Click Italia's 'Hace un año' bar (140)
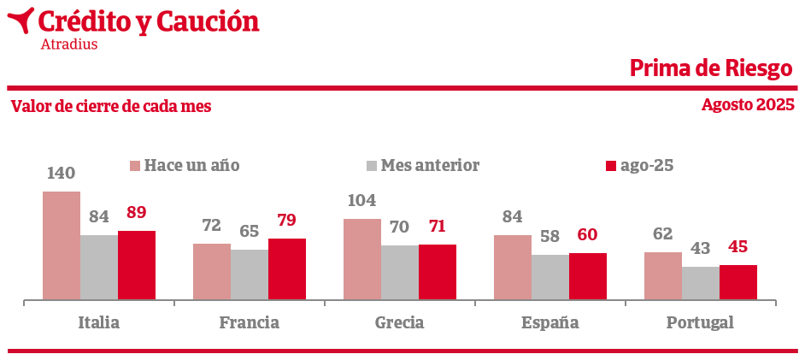[x=62, y=245]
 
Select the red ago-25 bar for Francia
[x=287, y=269]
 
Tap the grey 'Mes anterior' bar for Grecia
[x=400, y=272]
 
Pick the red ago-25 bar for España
[x=588, y=276]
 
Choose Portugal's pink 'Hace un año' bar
[x=663, y=275]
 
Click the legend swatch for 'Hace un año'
[x=134, y=166]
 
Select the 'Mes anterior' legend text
[x=430, y=165]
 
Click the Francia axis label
[x=250, y=323]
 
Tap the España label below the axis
[x=550, y=323]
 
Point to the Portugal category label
[x=701, y=323]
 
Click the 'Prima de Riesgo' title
[x=711, y=68]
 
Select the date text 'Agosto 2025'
[x=748, y=105]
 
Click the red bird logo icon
[x=21, y=20]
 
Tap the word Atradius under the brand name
[x=69, y=44]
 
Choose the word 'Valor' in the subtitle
[x=30, y=107]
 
